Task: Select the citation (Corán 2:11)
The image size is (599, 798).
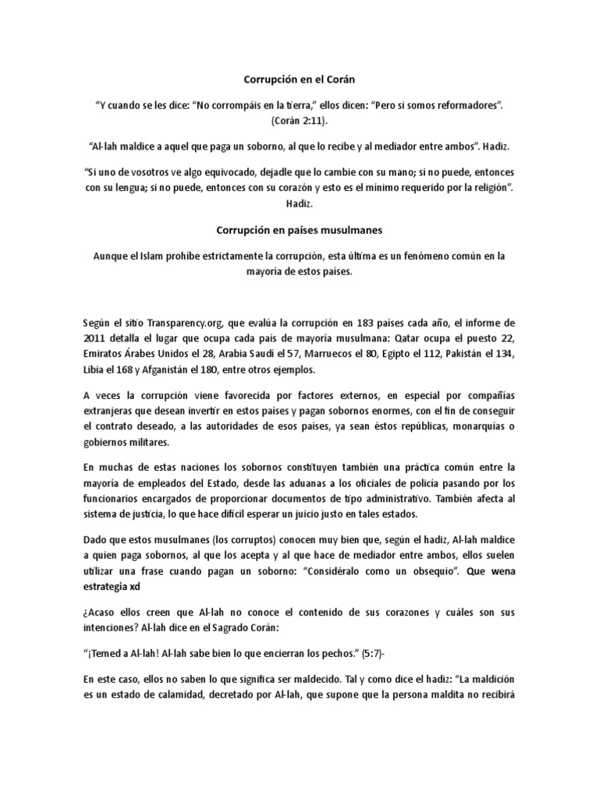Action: tap(299, 122)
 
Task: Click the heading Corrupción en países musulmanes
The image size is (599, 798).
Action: tap(299, 230)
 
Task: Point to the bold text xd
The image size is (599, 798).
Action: tap(136, 587)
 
